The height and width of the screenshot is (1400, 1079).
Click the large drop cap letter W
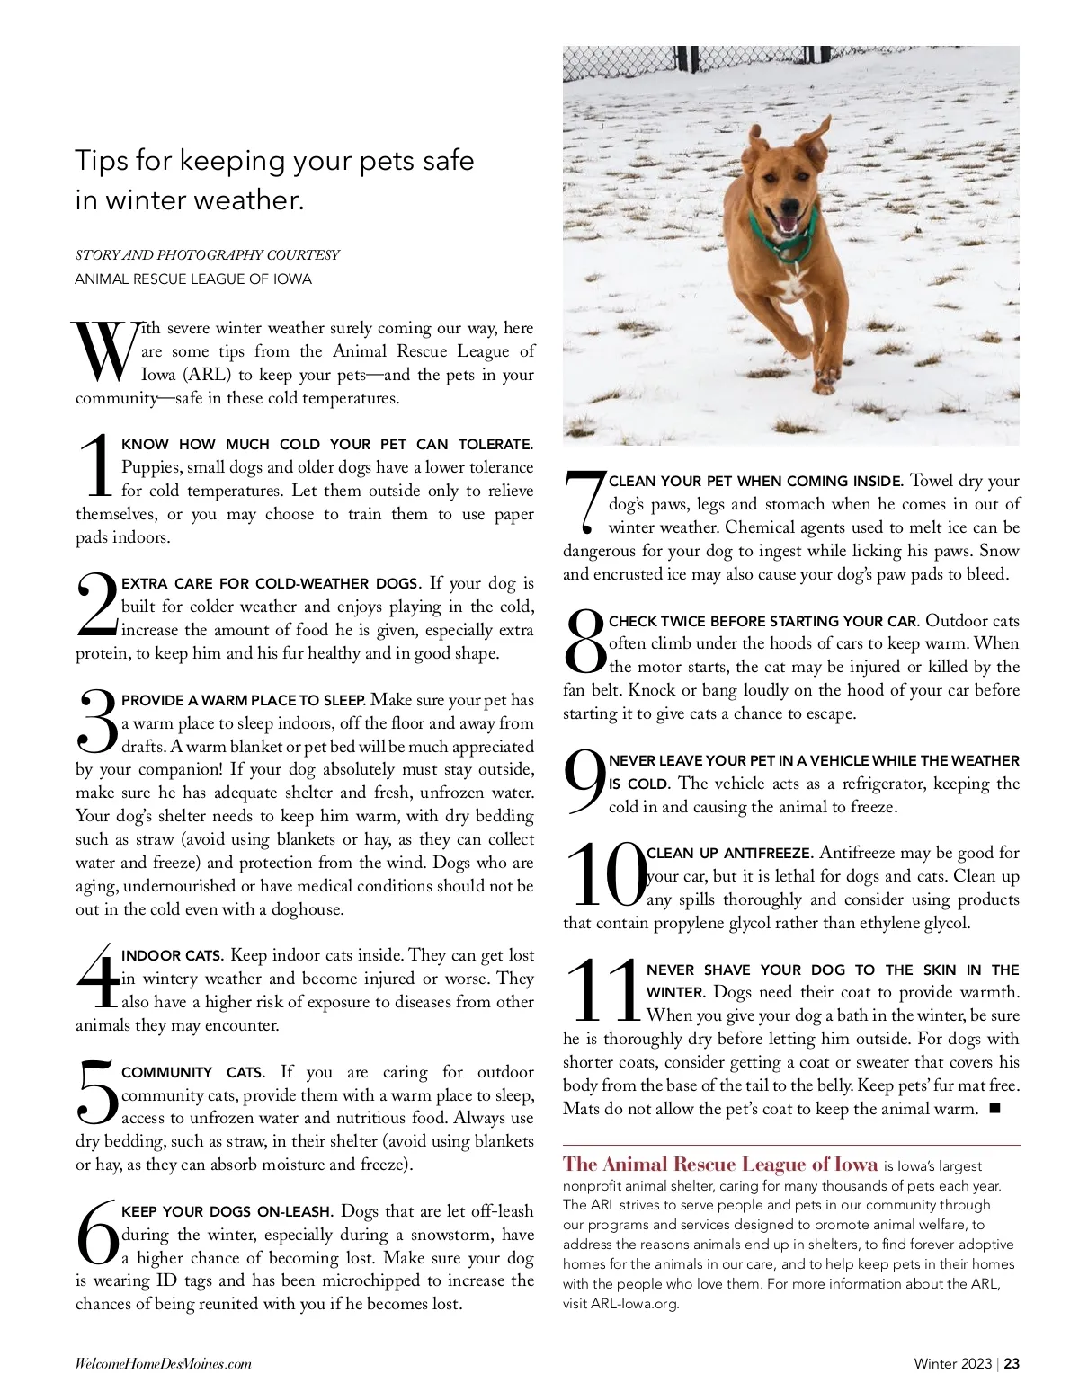coord(104,350)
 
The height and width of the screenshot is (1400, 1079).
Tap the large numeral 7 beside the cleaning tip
coord(583,501)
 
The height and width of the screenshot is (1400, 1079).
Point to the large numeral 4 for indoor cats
coord(97,976)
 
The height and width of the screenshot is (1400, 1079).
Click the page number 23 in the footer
coord(1012,1363)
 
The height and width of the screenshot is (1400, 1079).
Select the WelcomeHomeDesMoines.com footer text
coord(164,1363)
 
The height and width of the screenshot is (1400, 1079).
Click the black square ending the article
coord(994,1108)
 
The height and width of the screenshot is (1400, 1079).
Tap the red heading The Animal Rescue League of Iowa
coord(720,1165)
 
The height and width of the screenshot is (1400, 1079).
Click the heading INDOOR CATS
coord(172,956)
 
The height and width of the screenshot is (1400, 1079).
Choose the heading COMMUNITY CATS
coord(192,1073)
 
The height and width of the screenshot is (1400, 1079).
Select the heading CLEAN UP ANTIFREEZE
coord(729,854)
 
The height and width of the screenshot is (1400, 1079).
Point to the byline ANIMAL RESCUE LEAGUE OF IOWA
coord(193,279)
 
